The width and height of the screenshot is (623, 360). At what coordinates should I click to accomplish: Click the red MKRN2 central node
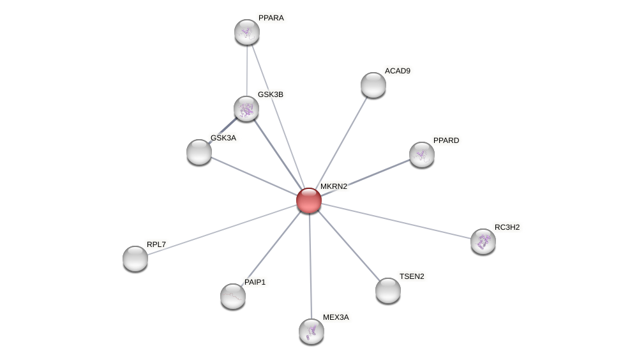click(x=309, y=200)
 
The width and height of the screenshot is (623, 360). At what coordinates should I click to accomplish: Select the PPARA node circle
click(x=247, y=32)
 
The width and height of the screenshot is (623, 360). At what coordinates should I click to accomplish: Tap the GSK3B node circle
click(x=246, y=109)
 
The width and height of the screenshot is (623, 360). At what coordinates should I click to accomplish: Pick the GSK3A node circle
click(x=199, y=152)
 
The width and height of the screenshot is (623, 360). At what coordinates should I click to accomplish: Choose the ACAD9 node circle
click(x=373, y=85)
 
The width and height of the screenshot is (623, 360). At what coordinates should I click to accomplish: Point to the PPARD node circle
click(x=422, y=154)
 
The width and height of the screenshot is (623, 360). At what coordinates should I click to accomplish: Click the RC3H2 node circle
click(x=483, y=241)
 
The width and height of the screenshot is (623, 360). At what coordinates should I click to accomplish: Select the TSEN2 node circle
click(x=388, y=290)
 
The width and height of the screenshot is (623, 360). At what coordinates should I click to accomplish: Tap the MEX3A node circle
click(x=311, y=331)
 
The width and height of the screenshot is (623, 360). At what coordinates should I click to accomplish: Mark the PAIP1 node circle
click(x=233, y=296)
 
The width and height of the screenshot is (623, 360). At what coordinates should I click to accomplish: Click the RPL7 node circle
click(x=135, y=259)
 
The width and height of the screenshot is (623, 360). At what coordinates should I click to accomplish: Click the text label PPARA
click(x=271, y=18)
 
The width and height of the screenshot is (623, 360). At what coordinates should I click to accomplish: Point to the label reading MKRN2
click(x=334, y=186)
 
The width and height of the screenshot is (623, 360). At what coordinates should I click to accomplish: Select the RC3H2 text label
click(x=507, y=227)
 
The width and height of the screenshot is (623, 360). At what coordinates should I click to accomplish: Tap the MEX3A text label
click(x=336, y=317)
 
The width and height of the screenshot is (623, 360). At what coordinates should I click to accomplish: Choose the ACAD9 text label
click(x=398, y=71)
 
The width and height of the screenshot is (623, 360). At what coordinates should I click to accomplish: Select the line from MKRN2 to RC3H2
click(x=396, y=221)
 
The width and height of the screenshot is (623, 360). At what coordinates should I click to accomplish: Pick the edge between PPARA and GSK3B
click(x=247, y=70)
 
